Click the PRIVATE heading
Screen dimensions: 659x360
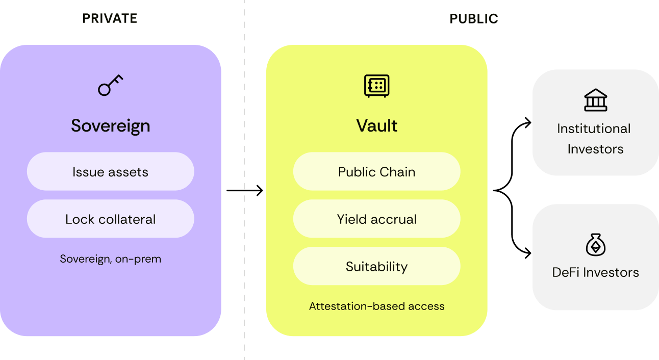[x=110, y=18]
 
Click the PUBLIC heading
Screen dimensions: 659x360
[x=474, y=19]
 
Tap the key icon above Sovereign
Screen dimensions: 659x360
[x=110, y=85]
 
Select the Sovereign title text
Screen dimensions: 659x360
[x=111, y=126]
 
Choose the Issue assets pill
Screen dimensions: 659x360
[x=111, y=171]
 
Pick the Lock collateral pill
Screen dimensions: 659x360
[x=111, y=219]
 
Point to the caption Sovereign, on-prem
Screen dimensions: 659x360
[x=111, y=259]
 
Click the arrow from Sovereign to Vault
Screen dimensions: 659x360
[x=245, y=190]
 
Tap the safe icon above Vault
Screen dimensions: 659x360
[x=376, y=86]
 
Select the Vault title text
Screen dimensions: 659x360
[x=376, y=125]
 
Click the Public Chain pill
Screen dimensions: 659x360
[x=376, y=171]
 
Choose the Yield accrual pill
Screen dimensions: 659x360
[x=376, y=219]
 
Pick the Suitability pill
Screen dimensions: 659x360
[x=376, y=266]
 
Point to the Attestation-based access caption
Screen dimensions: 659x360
[x=376, y=306]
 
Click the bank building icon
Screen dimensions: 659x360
[x=595, y=100]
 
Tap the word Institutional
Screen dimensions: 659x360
[x=594, y=128]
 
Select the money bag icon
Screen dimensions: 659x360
[x=595, y=245]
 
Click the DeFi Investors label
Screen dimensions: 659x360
[x=595, y=272]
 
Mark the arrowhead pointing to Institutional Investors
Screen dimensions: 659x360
[x=529, y=123]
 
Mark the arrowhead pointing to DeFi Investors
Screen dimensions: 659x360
[x=529, y=253]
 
